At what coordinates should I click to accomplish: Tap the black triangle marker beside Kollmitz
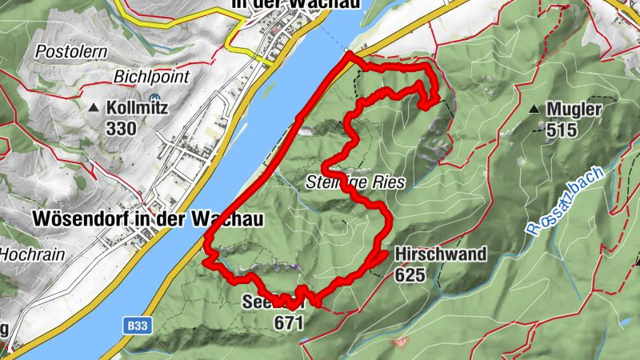94,107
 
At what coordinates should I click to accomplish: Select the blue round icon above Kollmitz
154,89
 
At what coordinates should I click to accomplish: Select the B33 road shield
137,326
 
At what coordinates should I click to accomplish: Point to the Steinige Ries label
355,182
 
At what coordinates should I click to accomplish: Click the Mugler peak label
574,110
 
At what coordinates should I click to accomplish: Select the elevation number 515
562,130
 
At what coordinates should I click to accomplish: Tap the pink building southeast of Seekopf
400,342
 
